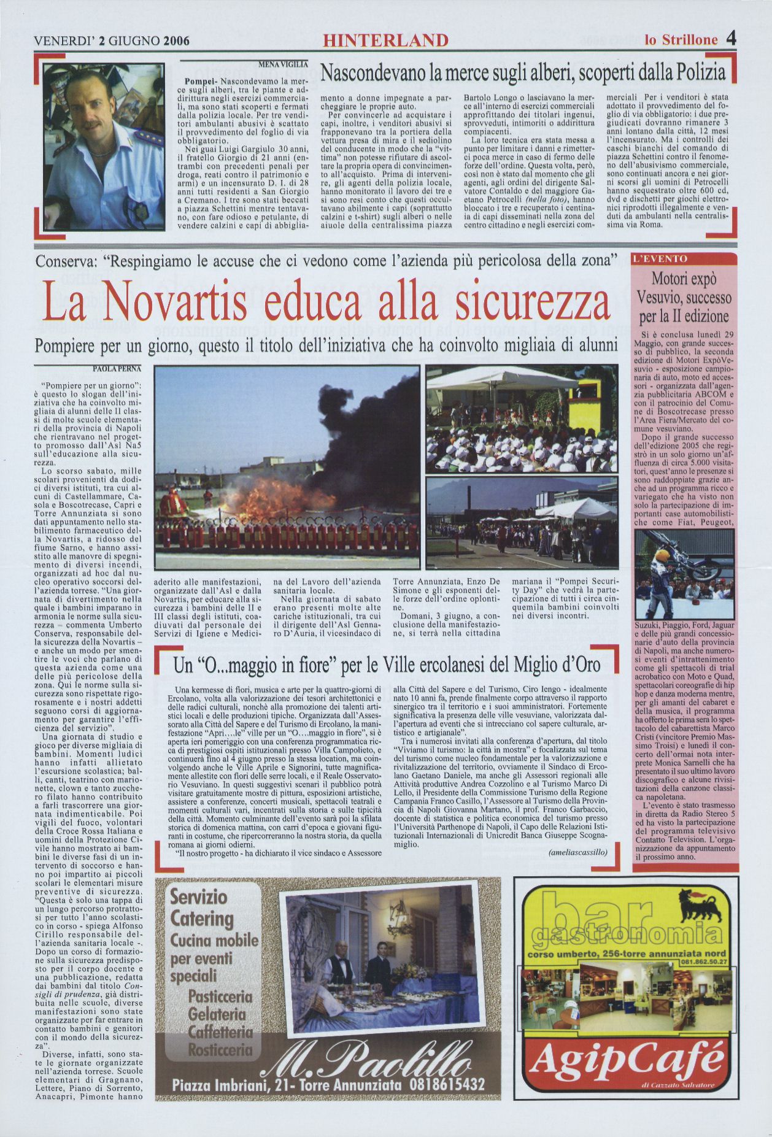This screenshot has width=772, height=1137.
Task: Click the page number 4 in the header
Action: point(731,39)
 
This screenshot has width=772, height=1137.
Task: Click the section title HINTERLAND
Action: point(386,41)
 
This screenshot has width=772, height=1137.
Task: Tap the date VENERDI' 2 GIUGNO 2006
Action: point(111,41)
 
